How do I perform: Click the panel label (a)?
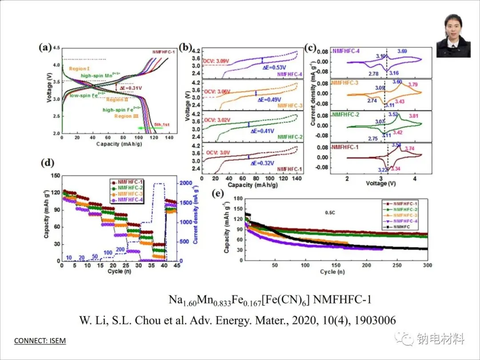point(45,48)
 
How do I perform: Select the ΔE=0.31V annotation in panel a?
point(131,88)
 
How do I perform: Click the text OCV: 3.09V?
point(216,60)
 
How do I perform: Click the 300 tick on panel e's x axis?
point(427,265)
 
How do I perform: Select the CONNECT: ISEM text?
point(40,341)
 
